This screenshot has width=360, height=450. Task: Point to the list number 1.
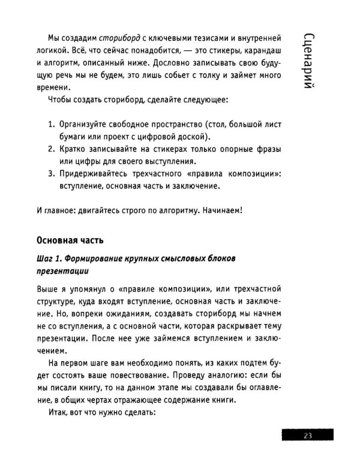tap(50, 124)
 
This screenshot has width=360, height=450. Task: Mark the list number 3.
tap(50, 174)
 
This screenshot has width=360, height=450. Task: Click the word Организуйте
tap(86, 124)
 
